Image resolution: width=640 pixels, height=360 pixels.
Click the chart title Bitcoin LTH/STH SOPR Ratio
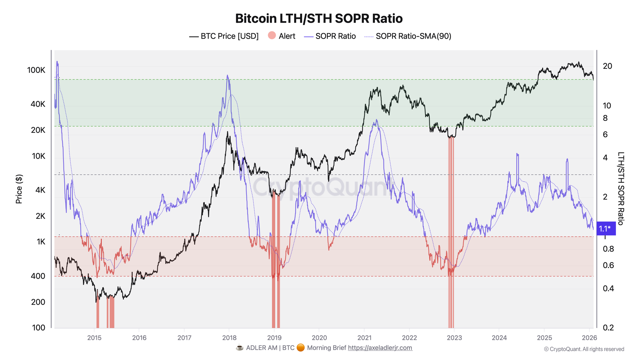pyautogui.click(x=319, y=19)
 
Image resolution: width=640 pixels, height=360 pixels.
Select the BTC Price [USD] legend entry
pyautogui.click(x=224, y=36)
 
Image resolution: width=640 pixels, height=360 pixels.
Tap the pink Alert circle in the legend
pyautogui.click(x=272, y=36)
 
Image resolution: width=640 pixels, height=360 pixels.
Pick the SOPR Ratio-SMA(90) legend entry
pyautogui.click(x=408, y=36)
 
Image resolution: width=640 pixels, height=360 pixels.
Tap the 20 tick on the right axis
pyautogui.click(x=607, y=66)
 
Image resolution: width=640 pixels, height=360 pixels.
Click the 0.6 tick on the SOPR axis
pyautogui.click(x=608, y=265)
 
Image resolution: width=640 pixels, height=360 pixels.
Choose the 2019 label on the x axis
pyautogui.click(x=274, y=338)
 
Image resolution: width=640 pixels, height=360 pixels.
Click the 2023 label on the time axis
pyautogui.click(x=454, y=338)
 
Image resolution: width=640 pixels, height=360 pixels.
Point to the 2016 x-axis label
pyautogui.click(x=139, y=338)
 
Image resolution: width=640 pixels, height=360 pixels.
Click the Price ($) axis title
pyautogui.click(x=19, y=189)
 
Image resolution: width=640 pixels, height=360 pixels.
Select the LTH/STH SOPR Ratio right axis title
pyautogui.click(x=620, y=189)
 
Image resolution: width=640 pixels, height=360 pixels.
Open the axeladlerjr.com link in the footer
pyautogui.click(x=380, y=348)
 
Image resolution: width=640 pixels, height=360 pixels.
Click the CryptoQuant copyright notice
pyautogui.click(x=584, y=349)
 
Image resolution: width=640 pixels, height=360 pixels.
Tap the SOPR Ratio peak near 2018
pyautogui.click(x=227, y=76)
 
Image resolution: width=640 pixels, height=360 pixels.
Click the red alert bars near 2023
pyautogui.click(x=451, y=234)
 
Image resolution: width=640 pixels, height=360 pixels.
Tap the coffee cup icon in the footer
pyautogui.click(x=239, y=348)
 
